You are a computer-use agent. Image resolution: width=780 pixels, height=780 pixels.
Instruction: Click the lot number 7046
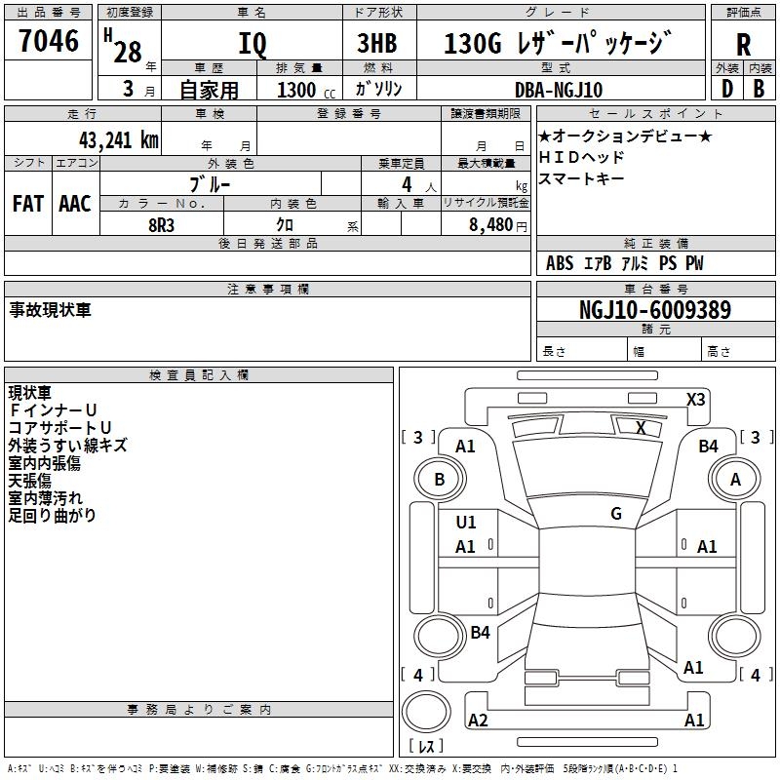point(48,41)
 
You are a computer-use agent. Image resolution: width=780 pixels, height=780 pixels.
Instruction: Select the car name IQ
point(252,44)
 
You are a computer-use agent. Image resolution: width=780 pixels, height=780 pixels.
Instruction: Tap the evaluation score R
point(743,44)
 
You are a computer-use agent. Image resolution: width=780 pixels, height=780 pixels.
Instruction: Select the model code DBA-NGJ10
point(559,90)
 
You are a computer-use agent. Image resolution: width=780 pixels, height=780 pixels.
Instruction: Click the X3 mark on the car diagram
point(695,399)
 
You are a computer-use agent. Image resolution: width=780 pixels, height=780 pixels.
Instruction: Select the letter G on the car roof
point(615,513)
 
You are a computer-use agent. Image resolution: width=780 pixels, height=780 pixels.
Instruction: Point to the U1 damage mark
point(466,522)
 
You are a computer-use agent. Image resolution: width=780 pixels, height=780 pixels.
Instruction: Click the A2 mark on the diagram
point(478,720)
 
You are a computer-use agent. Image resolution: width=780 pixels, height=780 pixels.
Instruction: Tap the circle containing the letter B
point(439,480)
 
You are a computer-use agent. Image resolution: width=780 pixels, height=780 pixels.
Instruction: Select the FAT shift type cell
point(27,204)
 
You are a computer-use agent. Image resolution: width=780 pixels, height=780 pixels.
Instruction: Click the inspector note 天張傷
point(30,481)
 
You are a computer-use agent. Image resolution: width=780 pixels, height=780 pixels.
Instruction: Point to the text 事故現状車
point(50,310)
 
